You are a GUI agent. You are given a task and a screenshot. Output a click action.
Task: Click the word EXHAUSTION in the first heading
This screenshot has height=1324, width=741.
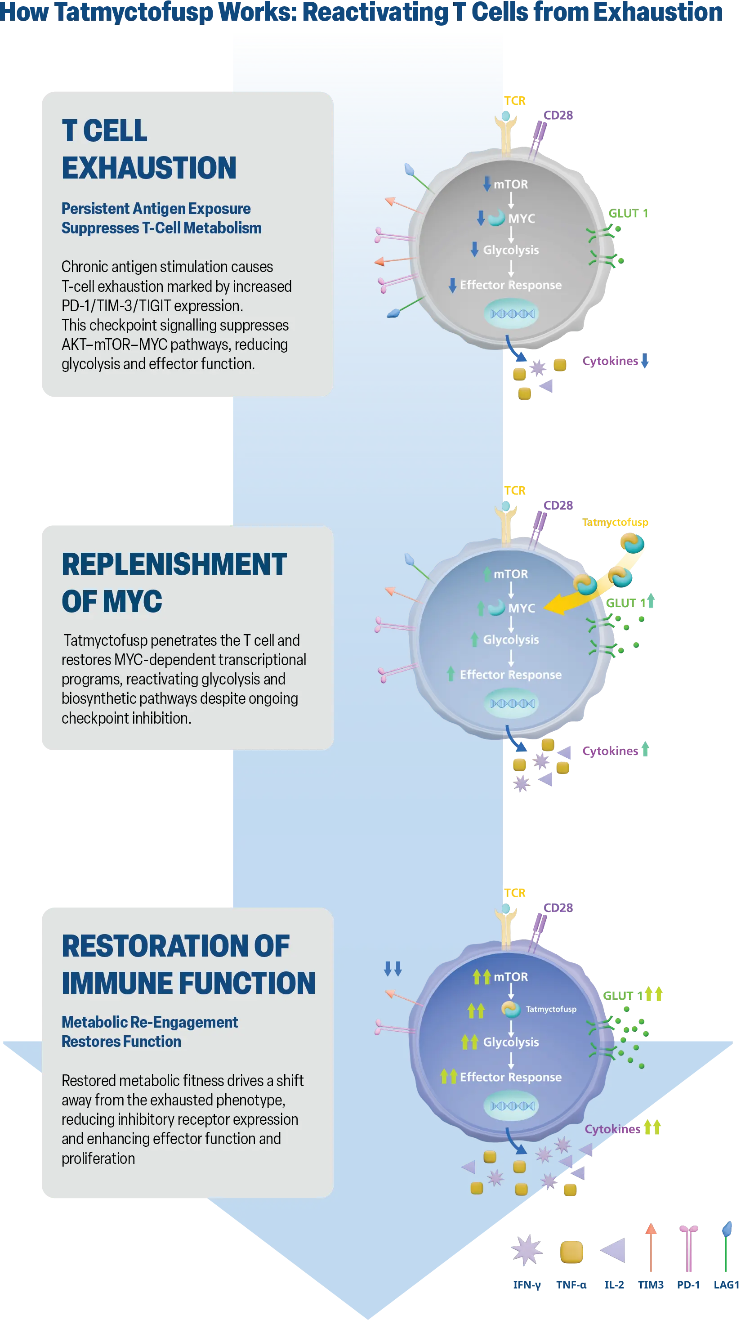(149, 168)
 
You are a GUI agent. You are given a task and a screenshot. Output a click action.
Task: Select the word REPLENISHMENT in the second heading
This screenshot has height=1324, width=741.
(174, 564)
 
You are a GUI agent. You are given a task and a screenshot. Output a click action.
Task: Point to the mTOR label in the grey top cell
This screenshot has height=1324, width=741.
(510, 184)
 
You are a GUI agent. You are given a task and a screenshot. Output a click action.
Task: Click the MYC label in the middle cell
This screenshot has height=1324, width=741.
(521, 608)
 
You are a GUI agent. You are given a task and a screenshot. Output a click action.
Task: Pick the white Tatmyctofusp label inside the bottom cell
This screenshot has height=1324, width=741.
(551, 1009)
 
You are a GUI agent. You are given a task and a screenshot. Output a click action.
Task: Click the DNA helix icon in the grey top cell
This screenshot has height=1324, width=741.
(512, 313)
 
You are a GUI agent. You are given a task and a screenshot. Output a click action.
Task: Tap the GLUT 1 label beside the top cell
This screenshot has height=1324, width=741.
(627, 213)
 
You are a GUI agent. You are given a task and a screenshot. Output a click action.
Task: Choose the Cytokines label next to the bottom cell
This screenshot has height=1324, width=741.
(612, 1129)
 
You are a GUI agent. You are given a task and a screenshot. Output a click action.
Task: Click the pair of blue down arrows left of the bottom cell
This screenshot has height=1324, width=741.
(393, 969)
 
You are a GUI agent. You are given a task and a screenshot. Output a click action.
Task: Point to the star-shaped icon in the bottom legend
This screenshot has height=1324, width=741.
(527, 1251)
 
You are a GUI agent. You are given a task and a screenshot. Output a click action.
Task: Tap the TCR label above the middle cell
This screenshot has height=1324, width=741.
(514, 490)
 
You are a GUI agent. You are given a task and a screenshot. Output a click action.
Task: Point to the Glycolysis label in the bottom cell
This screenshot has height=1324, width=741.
(510, 1042)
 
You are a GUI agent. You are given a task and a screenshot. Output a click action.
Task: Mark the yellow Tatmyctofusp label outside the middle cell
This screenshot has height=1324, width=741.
(615, 522)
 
